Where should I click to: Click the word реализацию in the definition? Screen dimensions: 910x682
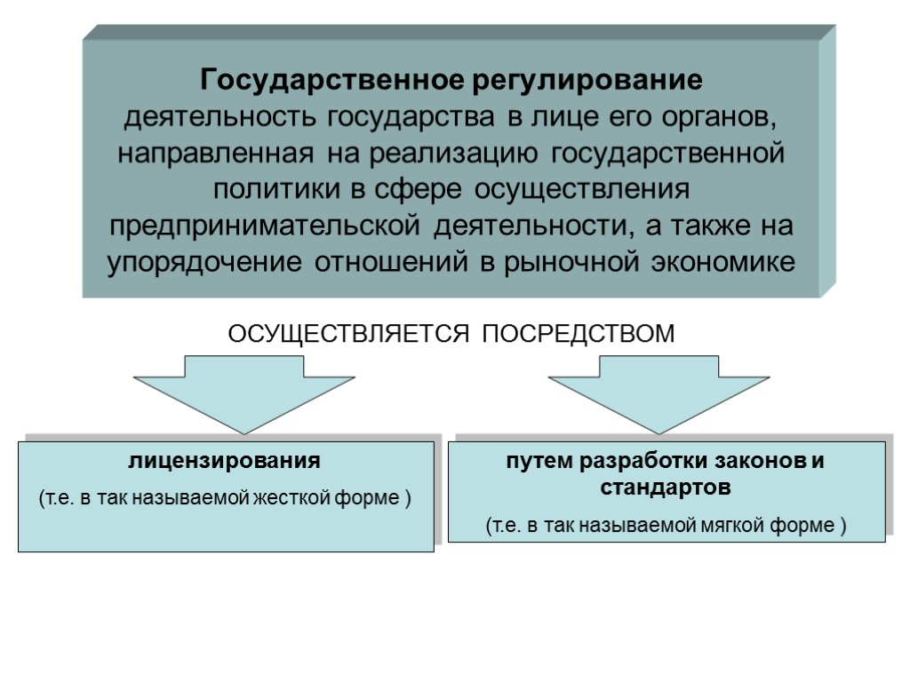(x=451, y=153)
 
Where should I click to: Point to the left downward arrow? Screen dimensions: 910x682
(x=244, y=392)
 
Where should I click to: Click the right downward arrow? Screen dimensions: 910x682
(x=659, y=392)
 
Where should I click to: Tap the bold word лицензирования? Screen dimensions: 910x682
(x=225, y=462)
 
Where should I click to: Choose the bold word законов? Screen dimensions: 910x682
(x=759, y=462)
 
